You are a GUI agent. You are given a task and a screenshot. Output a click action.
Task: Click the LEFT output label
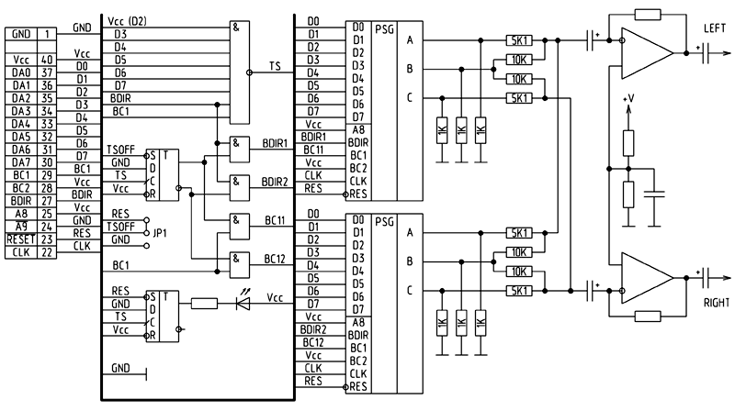[715, 28]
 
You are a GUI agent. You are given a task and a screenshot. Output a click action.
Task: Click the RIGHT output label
[717, 303]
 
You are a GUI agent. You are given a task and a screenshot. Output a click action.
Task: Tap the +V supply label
[628, 98]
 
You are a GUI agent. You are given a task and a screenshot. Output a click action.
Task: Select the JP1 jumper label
[160, 233]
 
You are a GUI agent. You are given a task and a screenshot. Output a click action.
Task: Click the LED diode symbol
[243, 304]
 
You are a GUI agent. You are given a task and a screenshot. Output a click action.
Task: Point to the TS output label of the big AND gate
[275, 66]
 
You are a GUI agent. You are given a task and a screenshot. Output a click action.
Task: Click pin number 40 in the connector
[48, 60]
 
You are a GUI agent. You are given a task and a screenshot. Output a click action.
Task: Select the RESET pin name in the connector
[21, 239]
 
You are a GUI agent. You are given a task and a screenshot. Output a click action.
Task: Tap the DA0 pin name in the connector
[21, 72]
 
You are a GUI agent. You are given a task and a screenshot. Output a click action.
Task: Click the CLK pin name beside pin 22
[21, 252]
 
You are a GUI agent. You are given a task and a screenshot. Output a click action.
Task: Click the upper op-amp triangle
[647, 53]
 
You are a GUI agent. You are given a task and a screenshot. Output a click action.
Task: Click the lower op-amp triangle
[647, 278]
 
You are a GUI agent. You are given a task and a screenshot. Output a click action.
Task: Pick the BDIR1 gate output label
[275, 143]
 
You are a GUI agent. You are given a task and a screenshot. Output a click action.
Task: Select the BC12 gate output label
[275, 259]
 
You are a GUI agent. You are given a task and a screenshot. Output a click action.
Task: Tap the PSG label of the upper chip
[384, 29]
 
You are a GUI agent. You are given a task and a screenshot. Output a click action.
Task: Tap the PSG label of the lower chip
[384, 222]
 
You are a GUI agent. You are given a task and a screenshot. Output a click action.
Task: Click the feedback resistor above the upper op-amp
[648, 15]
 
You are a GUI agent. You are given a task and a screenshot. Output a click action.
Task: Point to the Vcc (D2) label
[127, 21]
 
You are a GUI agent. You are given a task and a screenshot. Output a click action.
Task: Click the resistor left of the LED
[204, 304]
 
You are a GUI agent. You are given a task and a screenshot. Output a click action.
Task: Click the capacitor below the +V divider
[654, 194]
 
